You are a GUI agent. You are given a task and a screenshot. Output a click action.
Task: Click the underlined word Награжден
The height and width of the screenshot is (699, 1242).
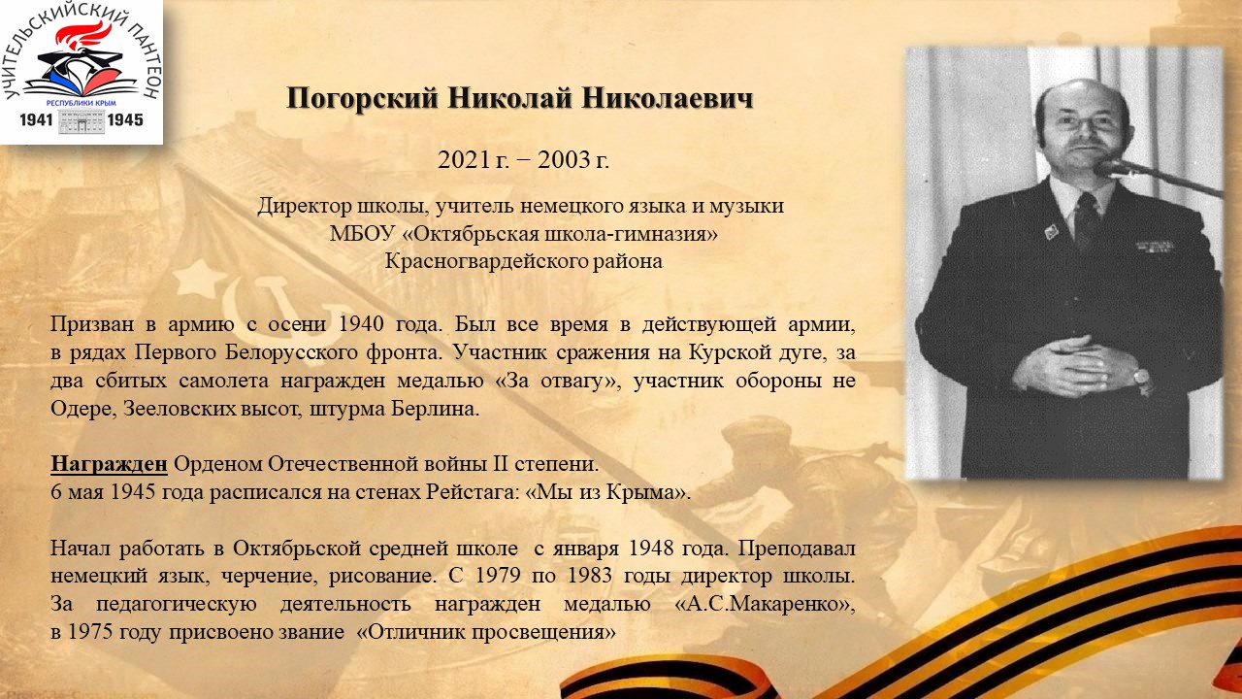click(x=109, y=464)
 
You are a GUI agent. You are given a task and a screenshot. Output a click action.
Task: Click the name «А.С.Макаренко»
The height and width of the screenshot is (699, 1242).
click(x=766, y=604)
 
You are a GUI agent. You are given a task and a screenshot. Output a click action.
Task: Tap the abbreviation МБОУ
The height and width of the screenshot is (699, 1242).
click(x=362, y=234)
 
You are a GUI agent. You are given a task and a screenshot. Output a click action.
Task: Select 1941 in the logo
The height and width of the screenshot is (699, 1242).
click(x=36, y=119)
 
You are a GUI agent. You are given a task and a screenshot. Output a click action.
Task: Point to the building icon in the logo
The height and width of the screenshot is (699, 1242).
click(x=81, y=121)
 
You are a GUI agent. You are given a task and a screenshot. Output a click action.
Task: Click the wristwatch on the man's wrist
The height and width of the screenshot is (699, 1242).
click(x=1141, y=378)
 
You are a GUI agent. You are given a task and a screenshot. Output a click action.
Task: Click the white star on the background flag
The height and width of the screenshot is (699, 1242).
click(x=197, y=278)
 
